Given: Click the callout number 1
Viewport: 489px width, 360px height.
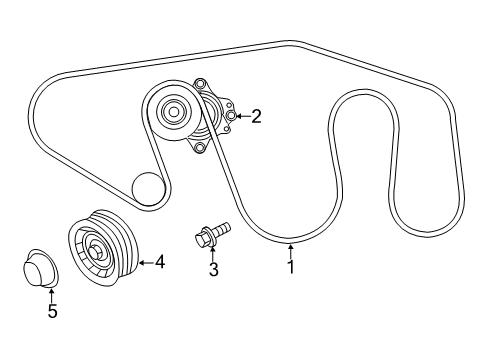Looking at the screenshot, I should pyautogui.click(x=291, y=267).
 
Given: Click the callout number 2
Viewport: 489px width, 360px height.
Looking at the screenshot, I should pyautogui.click(x=256, y=117).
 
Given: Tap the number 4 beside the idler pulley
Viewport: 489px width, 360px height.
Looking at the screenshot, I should pyautogui.click(x=158, y=263).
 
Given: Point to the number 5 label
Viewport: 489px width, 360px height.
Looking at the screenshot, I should pyautogui.click(x=52, y=311).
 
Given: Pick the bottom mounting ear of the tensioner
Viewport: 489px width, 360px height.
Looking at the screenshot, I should pyautogui.click(x=200, y=148).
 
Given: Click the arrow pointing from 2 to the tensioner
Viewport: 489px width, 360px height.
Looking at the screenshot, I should pyautogui.click(x=242, y=117).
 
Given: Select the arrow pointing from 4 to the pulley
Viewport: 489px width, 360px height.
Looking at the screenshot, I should pyautogui.click(x=143, y=263).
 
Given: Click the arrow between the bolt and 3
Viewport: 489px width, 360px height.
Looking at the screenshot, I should pyautogui.click(x=213, y=254).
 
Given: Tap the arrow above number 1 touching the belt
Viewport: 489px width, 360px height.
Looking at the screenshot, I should pyautogui.click(x=291, y=250).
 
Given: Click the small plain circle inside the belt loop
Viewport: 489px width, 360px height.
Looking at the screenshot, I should pyautogui.click(x=147, y=186).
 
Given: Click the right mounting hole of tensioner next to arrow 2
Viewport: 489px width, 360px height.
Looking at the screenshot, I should pyautogui.click(x=231, y=117).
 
